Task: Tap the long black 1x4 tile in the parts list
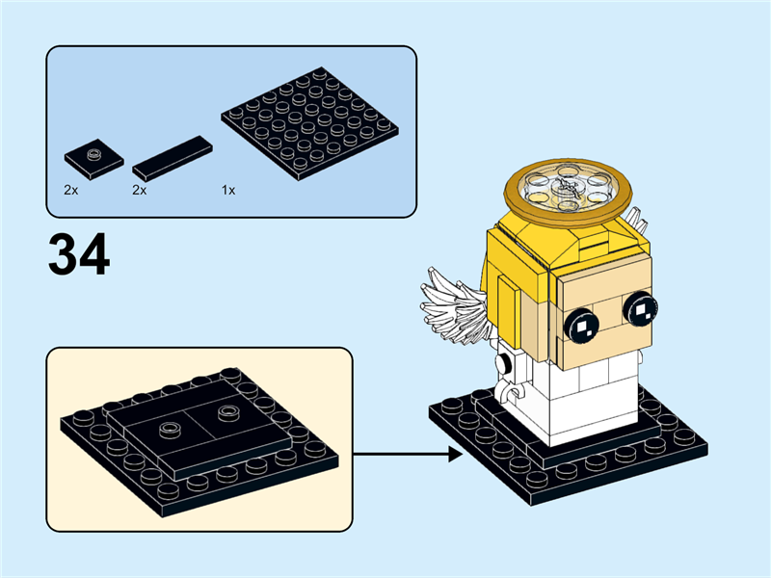click(173, 157)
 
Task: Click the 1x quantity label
click(228, 191)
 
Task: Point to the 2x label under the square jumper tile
click(70, 191)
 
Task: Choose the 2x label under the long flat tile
click(140, 191)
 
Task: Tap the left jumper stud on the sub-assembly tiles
click(170, 425)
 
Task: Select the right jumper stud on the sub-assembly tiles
click(228, 412)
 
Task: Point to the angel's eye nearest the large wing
click(581, 326)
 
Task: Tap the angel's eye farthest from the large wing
click(640, 309)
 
